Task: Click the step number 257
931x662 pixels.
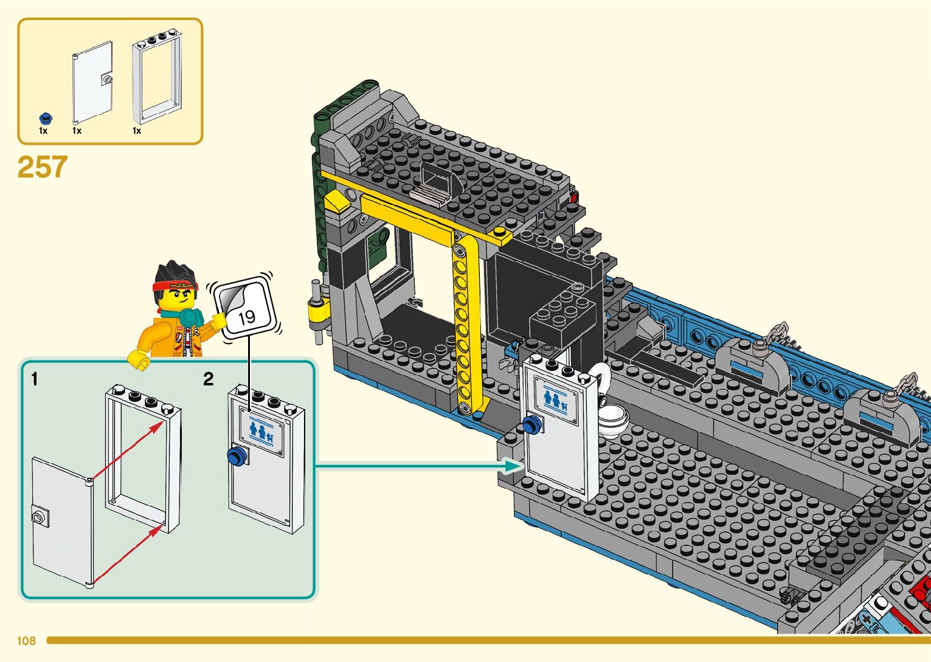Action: coord(42,167)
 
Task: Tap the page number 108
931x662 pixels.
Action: coord(26,641)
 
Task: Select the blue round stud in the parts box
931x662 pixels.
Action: coord(44,118)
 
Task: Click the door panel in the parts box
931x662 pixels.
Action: coord(92,82)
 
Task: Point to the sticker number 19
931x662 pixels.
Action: coord(246,316)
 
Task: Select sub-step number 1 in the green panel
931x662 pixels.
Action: coord(35,379)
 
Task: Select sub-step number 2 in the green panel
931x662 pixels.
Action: coord(209,379)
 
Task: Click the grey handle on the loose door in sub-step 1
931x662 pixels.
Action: coord(40,518)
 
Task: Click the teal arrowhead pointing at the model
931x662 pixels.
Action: coord(514,466)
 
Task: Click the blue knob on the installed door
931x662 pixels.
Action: coord(531,426)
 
